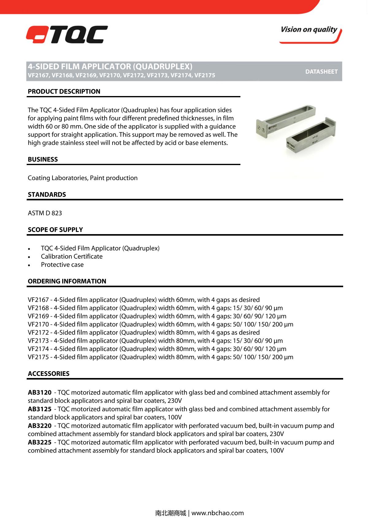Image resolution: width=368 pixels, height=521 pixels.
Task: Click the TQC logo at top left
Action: coord(67,34)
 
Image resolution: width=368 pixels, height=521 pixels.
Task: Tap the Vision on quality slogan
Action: coord(309,30)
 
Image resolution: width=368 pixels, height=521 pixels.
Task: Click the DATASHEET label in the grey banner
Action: coord(321,71)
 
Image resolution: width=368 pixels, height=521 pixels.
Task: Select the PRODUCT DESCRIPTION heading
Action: coord(64,91)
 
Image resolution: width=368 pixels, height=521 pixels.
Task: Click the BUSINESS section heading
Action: coord(43,159)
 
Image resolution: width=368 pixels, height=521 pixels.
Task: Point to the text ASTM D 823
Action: coord(45,213)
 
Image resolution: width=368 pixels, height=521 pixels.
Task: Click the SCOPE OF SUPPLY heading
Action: coord(55,230)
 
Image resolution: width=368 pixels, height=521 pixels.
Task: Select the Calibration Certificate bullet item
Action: coord(71,257)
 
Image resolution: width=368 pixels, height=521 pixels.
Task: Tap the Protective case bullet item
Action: coord(62,265)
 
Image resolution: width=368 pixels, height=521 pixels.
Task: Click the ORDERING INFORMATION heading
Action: coord(67,281)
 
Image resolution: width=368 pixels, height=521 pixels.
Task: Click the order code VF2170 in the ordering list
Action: coord(38,324)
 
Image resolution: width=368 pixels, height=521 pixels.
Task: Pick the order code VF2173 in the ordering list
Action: coord(38,341)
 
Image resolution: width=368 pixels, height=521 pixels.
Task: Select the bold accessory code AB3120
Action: coord(40,392)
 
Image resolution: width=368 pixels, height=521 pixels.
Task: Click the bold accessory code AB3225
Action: coord(40,442)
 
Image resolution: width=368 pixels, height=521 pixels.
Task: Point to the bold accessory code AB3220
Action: coord(40,426)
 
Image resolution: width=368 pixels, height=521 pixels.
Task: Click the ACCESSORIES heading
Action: coord(48,374)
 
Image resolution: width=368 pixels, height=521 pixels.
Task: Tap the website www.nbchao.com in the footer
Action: coord(217,513)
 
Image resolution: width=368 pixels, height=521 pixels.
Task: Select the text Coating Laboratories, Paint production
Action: coord(82,178)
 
